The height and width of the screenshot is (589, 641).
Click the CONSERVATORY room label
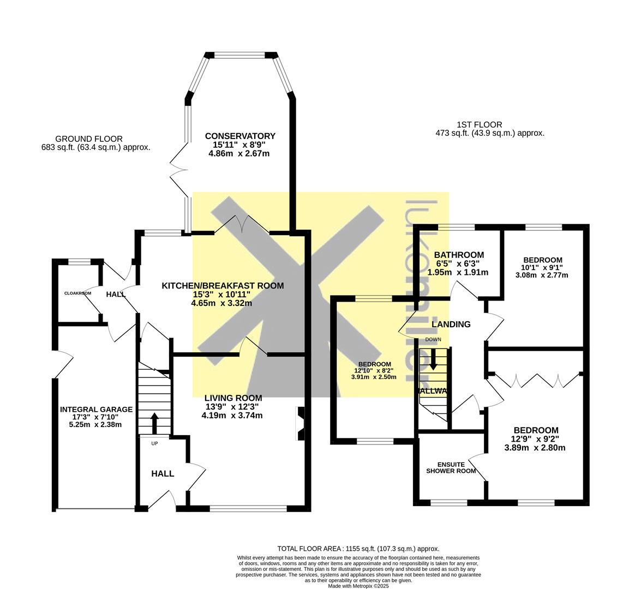(x=240, y=136)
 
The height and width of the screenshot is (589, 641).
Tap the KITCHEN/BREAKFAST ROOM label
(x=223, y=286)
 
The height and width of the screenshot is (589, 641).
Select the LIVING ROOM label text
(x=233, y=398)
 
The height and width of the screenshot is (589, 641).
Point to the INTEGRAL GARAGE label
(x=96, y=410)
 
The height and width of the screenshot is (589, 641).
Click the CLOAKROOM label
(x=77, y=293)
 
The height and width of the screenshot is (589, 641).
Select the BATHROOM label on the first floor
(x=459, y=255)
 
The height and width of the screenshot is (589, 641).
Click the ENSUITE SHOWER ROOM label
(x=451, y=468)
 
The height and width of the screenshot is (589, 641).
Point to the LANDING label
(x=451, y=324)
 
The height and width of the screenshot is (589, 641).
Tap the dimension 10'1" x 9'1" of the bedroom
(x=542, y=268)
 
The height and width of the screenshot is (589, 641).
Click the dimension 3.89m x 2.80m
(x=535, y=448)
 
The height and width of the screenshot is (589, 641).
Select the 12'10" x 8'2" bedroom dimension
(x=375, y=371)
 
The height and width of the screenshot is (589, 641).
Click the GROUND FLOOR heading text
(x=89, y=139)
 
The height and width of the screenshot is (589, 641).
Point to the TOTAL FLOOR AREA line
(x=358, y=549)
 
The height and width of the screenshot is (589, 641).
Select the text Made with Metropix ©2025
(x=358, y=586)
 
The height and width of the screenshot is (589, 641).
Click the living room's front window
(x=248, y=509)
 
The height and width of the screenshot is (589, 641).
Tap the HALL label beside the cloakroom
(x=116, y=294)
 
